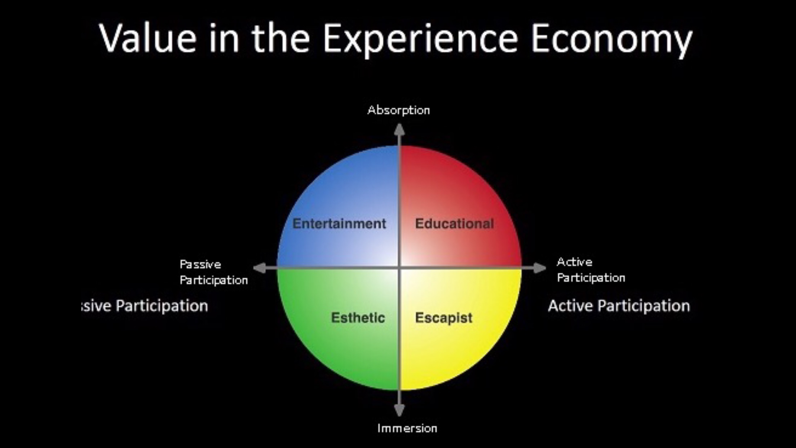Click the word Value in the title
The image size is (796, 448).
(x=147, y=38)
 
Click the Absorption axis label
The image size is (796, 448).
(x=399, y=110)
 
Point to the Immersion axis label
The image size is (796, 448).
(x=407, y=428)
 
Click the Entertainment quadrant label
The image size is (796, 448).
(x=339, y=224)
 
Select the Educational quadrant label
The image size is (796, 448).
(x=454, y=224)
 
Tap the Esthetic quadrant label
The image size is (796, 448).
(x=358, y=318)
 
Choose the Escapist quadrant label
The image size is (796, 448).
(x=443, y=318)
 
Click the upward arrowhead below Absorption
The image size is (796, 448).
(x=399, y=129)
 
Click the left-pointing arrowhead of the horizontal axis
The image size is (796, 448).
(x=260, y=268)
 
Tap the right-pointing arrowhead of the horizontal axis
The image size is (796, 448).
(x=540, y=268)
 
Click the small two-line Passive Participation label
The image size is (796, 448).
(x=214, y=272)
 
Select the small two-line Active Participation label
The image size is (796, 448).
(x=591, y=270)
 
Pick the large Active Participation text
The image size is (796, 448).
(x=619, y=306)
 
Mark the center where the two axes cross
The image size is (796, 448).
(x=399, y=268)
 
